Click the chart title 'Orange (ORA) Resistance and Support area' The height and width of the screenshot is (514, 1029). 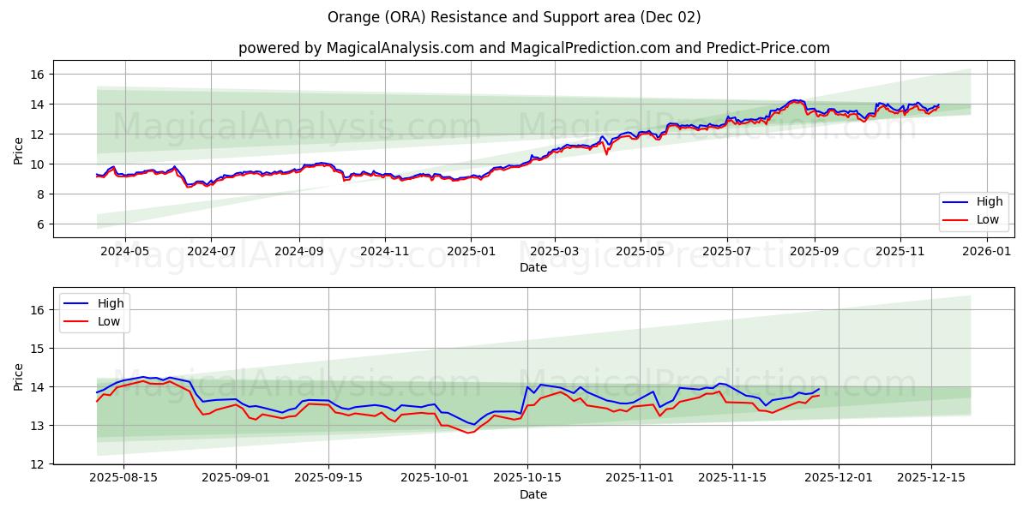point(514,17)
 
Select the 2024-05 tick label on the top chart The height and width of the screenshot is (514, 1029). point(125,252)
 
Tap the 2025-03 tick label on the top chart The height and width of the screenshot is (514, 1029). point(554,252)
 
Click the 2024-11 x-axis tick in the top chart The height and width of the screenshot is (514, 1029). point(384,252)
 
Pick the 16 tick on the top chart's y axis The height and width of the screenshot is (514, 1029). point(38,75)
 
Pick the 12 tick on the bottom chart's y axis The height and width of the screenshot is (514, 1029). point(38,464)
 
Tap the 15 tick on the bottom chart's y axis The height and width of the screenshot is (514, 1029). point(38,349)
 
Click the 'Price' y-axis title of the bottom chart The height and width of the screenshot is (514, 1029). point(19,376)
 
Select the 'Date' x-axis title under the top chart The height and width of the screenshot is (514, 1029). point(533,268)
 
